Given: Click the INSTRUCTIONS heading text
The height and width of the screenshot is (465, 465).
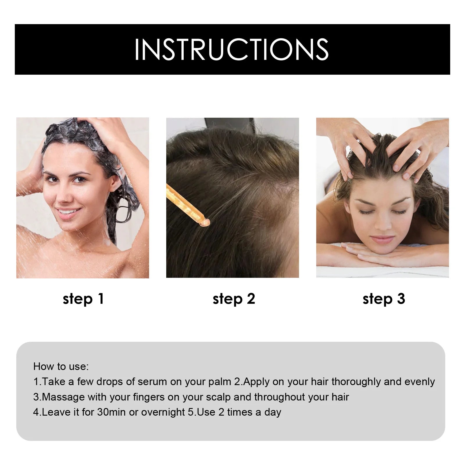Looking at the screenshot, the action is click(232, 49).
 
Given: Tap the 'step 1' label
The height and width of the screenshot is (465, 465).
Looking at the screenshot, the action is click(83, 299).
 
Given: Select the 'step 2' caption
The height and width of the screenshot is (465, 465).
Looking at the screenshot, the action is click(234, 299).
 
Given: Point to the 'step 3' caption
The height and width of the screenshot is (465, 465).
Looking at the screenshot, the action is click(384, 299).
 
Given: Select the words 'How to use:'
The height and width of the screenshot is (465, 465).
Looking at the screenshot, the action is click(61, 366).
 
